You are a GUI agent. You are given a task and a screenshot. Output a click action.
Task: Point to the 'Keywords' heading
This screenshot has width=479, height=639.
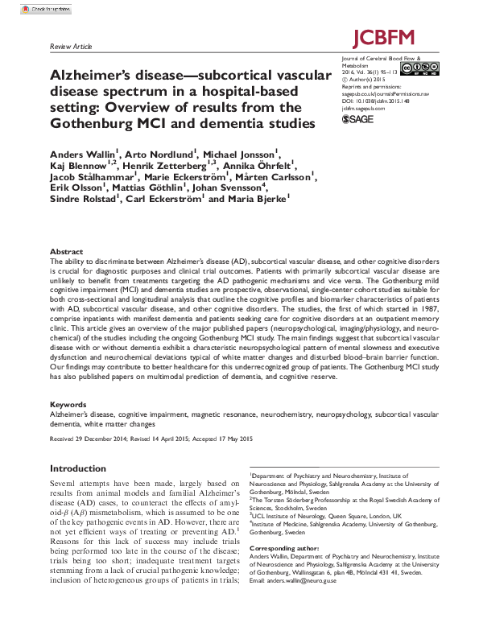pyautogui.click(x=68, y=405)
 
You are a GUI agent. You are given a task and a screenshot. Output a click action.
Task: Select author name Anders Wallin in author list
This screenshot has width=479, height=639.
pyautogui.click(x=85, y=153)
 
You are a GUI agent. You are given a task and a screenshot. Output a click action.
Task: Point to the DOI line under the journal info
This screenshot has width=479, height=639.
pyautogui.click(x=375, y=100)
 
